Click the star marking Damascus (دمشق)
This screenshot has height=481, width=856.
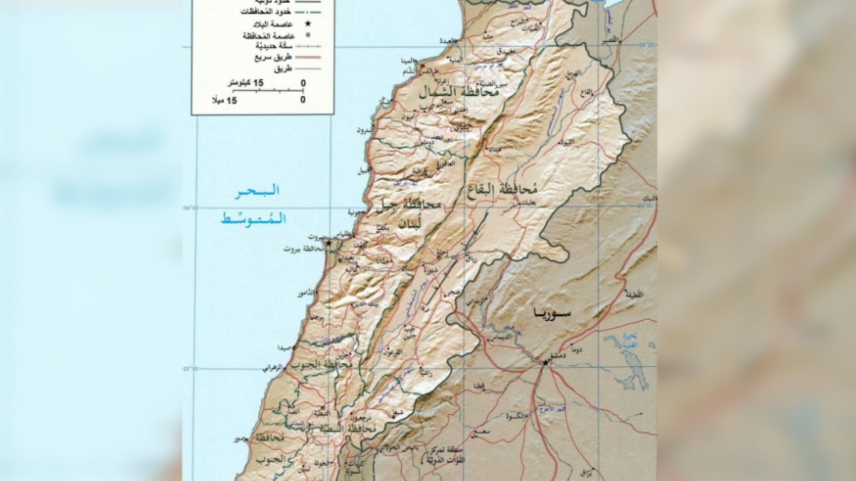pos(545,363)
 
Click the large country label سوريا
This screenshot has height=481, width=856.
pos(552,313)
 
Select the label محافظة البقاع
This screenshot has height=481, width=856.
pos(503,190)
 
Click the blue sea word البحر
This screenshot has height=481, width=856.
pos(258,191)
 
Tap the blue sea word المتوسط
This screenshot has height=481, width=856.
pos(253,219)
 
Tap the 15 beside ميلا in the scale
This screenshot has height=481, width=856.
pos(232,101)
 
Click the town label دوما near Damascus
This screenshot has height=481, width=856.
pos(576,351)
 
